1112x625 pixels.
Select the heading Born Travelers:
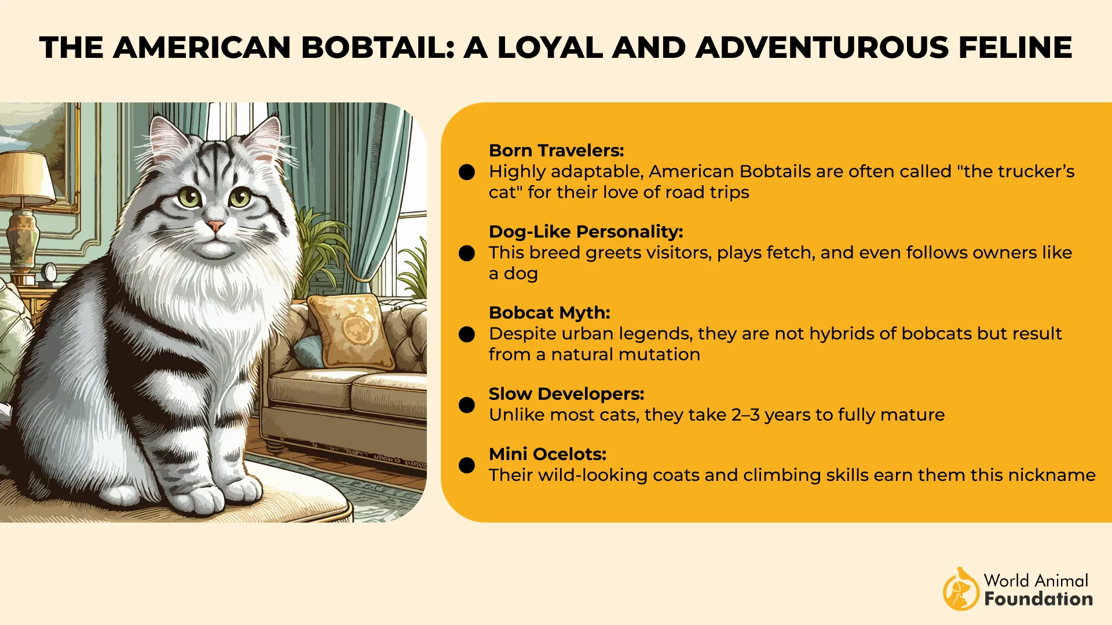point(556,150)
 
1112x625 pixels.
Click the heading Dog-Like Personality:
point(586,231)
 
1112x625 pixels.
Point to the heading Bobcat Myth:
point(549,312)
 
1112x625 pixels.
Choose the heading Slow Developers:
point(566,394)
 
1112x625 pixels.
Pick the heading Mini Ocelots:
point(547,454)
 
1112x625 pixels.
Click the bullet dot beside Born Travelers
point(467,172)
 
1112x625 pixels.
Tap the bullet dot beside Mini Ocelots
point(467,465)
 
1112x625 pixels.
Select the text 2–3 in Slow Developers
point(745,415)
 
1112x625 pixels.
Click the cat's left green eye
point(189,198)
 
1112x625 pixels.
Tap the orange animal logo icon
point(961,589)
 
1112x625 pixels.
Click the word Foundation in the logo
point(1038,599)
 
